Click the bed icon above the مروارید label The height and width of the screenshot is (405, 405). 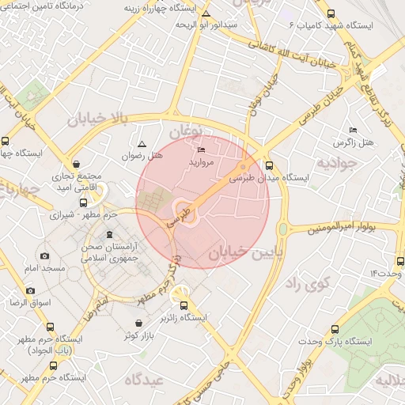(x=201, y=150)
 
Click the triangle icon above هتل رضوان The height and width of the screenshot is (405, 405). (x=142, y=144)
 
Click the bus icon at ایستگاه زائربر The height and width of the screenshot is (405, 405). (x=184, y=305)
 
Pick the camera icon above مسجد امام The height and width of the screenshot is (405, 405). (x=44, y=256)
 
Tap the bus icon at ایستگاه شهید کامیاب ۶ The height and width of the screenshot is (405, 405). (x=331, y=13)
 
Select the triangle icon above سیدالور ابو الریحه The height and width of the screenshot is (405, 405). (x=206, y=14)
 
